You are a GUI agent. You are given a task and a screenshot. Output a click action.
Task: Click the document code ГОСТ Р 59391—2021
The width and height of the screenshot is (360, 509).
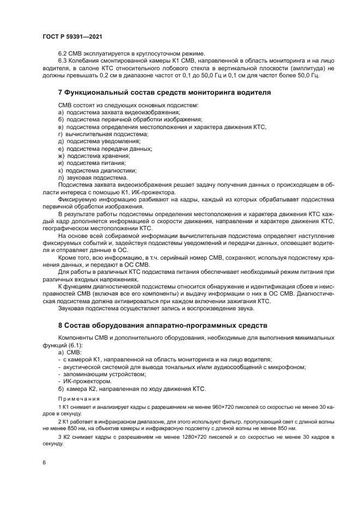pos(72,36)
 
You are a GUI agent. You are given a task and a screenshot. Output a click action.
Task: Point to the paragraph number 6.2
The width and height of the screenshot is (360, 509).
pos(63,53)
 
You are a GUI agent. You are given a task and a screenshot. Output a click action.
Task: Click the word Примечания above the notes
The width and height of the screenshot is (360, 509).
pos(76,398)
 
